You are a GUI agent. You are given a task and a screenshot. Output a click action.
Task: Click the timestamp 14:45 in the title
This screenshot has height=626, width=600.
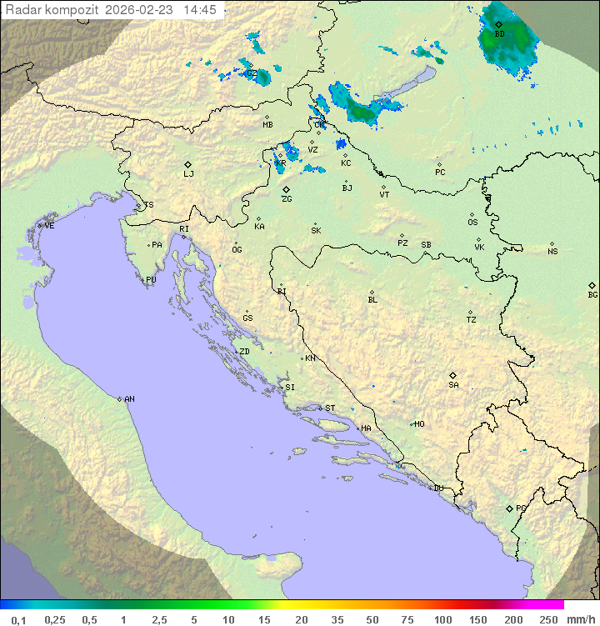(x=200, y=10)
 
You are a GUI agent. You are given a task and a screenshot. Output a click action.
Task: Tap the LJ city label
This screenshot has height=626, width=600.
(x=188, y=174)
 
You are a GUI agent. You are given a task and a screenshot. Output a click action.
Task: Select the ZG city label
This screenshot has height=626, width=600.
(x=287, y=199)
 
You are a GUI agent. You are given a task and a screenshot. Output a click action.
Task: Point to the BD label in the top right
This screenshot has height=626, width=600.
(x=499, y=34)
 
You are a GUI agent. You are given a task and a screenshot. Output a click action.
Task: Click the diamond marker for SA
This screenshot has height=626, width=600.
(x=452, y=375)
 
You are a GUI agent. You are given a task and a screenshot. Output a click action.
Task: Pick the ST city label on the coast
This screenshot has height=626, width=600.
(x=330, y=408)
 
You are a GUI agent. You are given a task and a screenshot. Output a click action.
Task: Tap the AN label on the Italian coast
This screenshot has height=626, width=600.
(x=129, y=399)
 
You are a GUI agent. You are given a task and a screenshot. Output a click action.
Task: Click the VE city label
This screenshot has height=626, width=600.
(x=49, y=226)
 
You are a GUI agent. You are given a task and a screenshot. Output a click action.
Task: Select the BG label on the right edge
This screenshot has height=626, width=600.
(x=592, y=294)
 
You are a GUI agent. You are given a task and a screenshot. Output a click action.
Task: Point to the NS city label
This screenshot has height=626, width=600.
(x=552, y=252)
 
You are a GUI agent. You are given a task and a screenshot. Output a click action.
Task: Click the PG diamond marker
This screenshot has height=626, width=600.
(x=509, y=508)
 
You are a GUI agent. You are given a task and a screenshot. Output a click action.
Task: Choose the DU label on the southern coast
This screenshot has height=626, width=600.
(x=437, y=488)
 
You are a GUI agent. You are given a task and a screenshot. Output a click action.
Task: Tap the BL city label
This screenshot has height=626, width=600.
(x=372, y=300)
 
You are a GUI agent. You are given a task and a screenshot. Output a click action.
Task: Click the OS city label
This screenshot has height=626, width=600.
(x=472, y=223)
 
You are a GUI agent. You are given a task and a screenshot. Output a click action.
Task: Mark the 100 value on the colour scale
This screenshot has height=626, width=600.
(x=442, y=619)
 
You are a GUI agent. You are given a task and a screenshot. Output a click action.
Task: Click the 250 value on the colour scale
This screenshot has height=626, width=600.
(x=548, y=619)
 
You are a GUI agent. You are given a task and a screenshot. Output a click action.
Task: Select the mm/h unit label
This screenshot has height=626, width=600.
(x=580, y=619)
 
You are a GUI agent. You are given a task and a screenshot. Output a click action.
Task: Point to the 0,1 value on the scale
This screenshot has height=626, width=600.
(x=18, y=619)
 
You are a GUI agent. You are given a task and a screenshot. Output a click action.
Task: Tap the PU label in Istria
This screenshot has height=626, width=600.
(x=151, y=280)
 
